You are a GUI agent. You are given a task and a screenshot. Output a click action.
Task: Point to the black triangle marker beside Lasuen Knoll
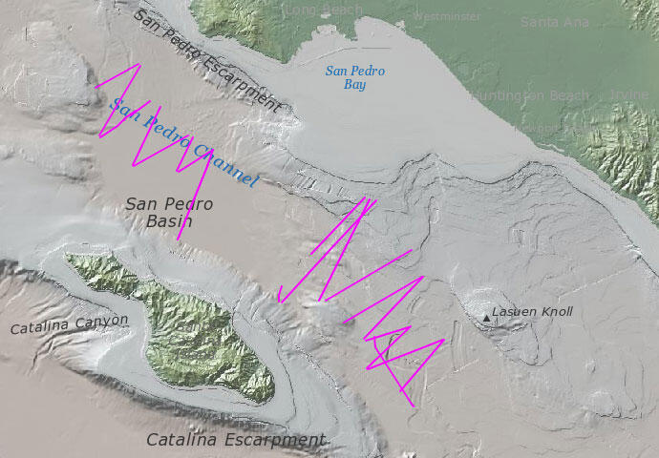pyautogui.click(x=486, y=317)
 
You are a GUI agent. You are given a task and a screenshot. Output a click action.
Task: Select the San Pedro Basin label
pyautogui.click(x=169, y=213)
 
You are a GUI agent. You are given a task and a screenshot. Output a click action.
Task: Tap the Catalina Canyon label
pyautogui.click(x=69, y=324)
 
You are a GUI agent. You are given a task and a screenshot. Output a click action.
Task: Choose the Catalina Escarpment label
pyautogui.click(x=235, y=440)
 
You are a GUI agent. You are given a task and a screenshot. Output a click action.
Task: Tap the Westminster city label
pyautogui.click(x=447, y=17)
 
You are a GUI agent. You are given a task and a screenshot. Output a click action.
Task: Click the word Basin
pyautogui.click(x=170, y=222)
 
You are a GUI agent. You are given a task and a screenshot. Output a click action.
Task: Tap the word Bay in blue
pyautogui.click(x=354, y=85)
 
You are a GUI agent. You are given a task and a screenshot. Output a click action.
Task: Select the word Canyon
pyautogui.click(x=101, y=322)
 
